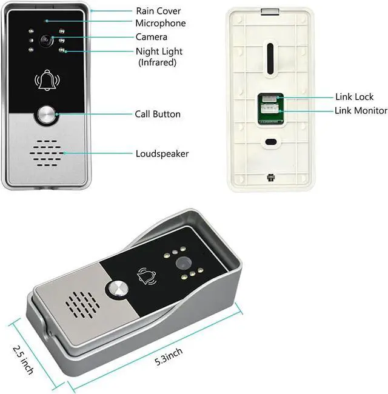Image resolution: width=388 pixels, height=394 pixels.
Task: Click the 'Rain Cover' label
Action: tap(158, 11)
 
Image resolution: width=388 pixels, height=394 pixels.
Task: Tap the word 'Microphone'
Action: tap(161, 24)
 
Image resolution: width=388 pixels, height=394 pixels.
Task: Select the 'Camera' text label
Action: tap(152, 38)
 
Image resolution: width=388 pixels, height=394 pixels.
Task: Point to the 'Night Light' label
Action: tap(159, 52)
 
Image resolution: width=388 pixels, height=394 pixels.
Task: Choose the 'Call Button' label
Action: tap(158, 114)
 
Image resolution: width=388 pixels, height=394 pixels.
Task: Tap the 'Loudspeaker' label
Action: tap(162, 153)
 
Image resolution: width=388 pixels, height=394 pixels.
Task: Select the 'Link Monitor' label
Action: tap(361, 110)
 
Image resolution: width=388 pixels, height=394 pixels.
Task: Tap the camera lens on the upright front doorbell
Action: tap(45, 39)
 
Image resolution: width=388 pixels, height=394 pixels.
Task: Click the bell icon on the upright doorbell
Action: tap(46, 81)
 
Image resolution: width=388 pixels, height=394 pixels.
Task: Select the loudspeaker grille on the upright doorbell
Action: tap(46, 155)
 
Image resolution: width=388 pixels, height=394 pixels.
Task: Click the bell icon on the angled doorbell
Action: tap(146, 277)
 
